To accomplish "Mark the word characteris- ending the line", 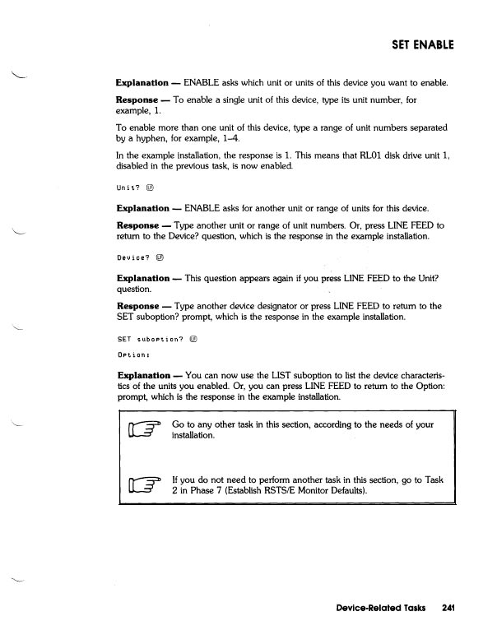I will [420, 375].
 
